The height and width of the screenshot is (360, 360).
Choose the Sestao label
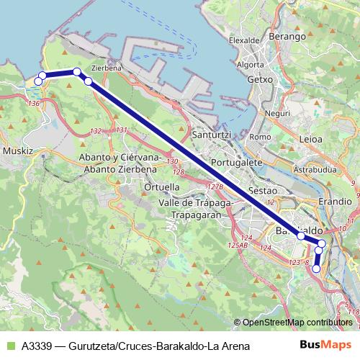[x=262, y=191]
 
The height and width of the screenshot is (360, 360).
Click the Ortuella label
[x=162, y=186]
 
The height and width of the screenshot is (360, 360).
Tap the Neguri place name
[x=276, y=113]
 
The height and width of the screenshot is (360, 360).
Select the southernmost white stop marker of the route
[x=316, y=269]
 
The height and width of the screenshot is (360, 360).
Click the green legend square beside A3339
[x=9, y=346]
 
